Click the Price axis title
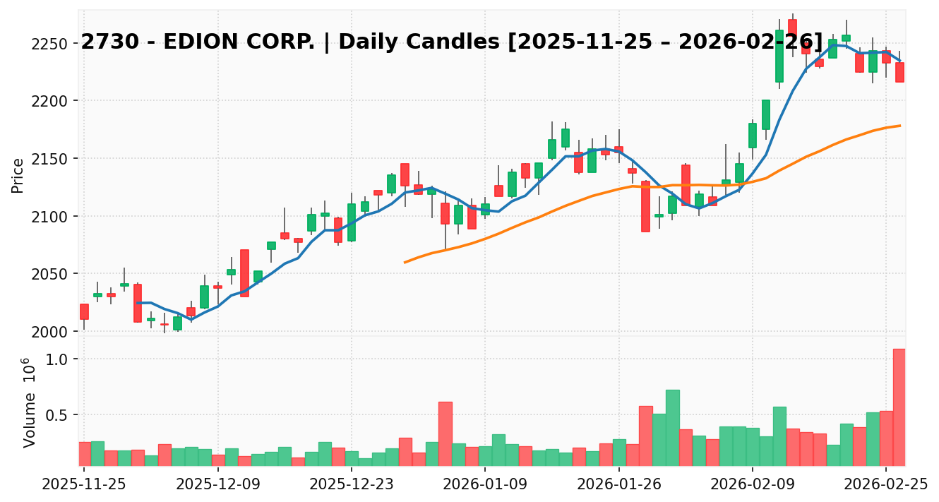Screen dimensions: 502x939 click(18, 175)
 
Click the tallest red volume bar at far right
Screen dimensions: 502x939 click(899, 407)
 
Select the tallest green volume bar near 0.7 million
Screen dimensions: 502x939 click(672, 428)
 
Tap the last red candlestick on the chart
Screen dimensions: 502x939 click(899, 72)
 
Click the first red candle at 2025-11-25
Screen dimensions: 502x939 click(84, 311)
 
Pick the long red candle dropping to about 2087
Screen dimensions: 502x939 click(645, 206)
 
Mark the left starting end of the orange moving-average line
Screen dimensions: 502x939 click(405, 263)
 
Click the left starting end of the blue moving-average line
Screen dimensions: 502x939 click(138, 303)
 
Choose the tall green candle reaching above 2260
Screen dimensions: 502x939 click(779, 56)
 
